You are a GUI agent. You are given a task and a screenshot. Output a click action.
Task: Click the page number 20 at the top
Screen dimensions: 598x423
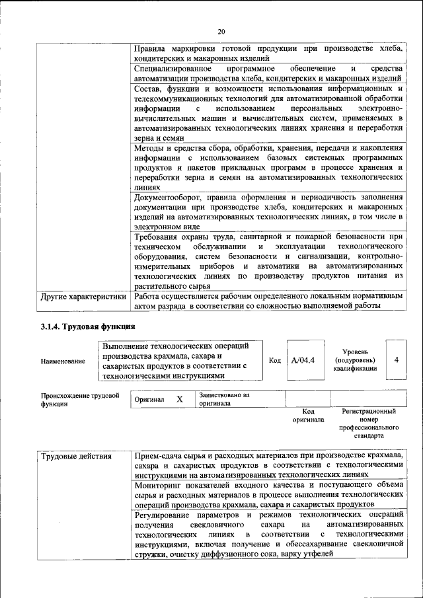point(221,30)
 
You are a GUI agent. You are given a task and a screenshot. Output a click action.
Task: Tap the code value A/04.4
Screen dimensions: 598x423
point(304,360)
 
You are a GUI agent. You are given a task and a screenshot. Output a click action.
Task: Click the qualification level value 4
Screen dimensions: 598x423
point(395,360)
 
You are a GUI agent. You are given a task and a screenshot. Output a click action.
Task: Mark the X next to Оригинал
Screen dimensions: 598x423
point(179,400)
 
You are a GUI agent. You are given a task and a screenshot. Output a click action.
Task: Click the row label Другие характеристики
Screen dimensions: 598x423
point(83,297)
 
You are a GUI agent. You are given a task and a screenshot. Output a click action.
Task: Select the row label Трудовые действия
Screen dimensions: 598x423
point(75,457)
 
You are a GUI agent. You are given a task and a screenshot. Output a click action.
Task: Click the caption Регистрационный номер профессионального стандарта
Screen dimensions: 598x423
point(368,424)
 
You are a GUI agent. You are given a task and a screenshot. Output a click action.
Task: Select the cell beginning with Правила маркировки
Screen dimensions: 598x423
point(268,54)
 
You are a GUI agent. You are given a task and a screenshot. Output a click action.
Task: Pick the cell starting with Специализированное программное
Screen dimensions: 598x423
point(268,73)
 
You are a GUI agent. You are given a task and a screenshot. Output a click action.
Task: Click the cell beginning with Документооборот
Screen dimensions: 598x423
point(268,211)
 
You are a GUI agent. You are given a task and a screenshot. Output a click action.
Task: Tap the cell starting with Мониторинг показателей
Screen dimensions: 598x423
point(268,494)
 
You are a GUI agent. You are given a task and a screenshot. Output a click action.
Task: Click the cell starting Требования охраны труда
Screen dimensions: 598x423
point(268,262)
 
